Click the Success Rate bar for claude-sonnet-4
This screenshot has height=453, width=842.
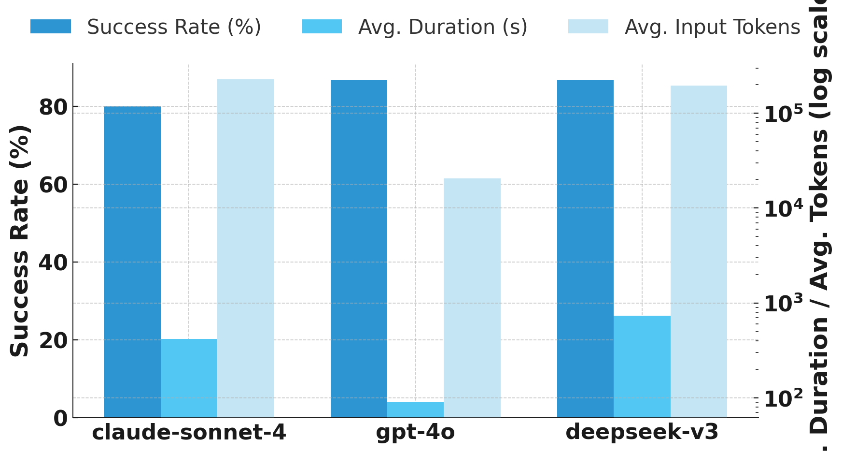[x=132, y=262]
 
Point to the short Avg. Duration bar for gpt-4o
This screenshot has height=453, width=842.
[x=415, y=409]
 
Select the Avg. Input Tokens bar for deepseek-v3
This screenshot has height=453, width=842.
[x=698, y=251]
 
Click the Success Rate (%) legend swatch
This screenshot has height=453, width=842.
[x=51, y=27]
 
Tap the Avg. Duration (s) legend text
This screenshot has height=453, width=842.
[x=443, y=27]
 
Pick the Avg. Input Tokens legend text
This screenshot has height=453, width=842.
[x=713, y=27]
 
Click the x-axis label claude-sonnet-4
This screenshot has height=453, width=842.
[x=189, y=432]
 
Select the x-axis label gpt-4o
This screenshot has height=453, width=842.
[x=415, y=432]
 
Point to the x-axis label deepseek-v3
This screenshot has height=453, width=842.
[x=642, y=432]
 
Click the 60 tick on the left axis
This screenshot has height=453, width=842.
[x=53, y=185]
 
